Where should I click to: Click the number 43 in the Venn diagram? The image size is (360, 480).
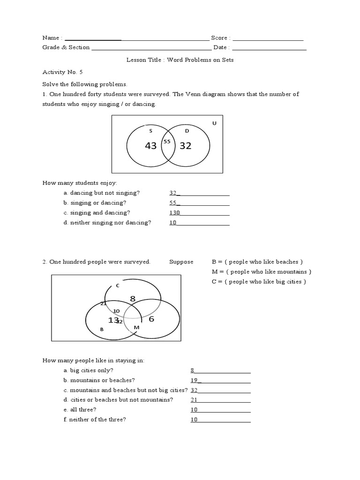150,146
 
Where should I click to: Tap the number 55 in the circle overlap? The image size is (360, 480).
167,141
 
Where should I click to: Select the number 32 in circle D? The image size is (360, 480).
186,146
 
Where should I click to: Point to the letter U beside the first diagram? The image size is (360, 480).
214,123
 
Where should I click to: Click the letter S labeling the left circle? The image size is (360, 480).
150,131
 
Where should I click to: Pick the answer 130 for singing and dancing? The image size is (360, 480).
174,213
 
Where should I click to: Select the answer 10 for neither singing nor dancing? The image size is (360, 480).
172,223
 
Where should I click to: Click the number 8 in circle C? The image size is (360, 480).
133,298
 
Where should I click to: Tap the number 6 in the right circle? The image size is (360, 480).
151,319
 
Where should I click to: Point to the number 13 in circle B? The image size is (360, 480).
113,320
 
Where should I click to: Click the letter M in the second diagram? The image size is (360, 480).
136,327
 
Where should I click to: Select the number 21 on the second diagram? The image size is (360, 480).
104,303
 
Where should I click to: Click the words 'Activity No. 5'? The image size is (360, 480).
62,72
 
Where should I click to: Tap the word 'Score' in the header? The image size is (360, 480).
219,37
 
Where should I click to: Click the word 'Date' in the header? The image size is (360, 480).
220,47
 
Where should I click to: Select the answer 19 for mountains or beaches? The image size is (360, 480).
194,380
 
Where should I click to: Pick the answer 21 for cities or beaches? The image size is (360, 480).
194,400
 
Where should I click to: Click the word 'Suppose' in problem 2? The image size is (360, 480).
181,262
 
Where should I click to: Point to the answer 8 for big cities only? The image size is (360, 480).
192,370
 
